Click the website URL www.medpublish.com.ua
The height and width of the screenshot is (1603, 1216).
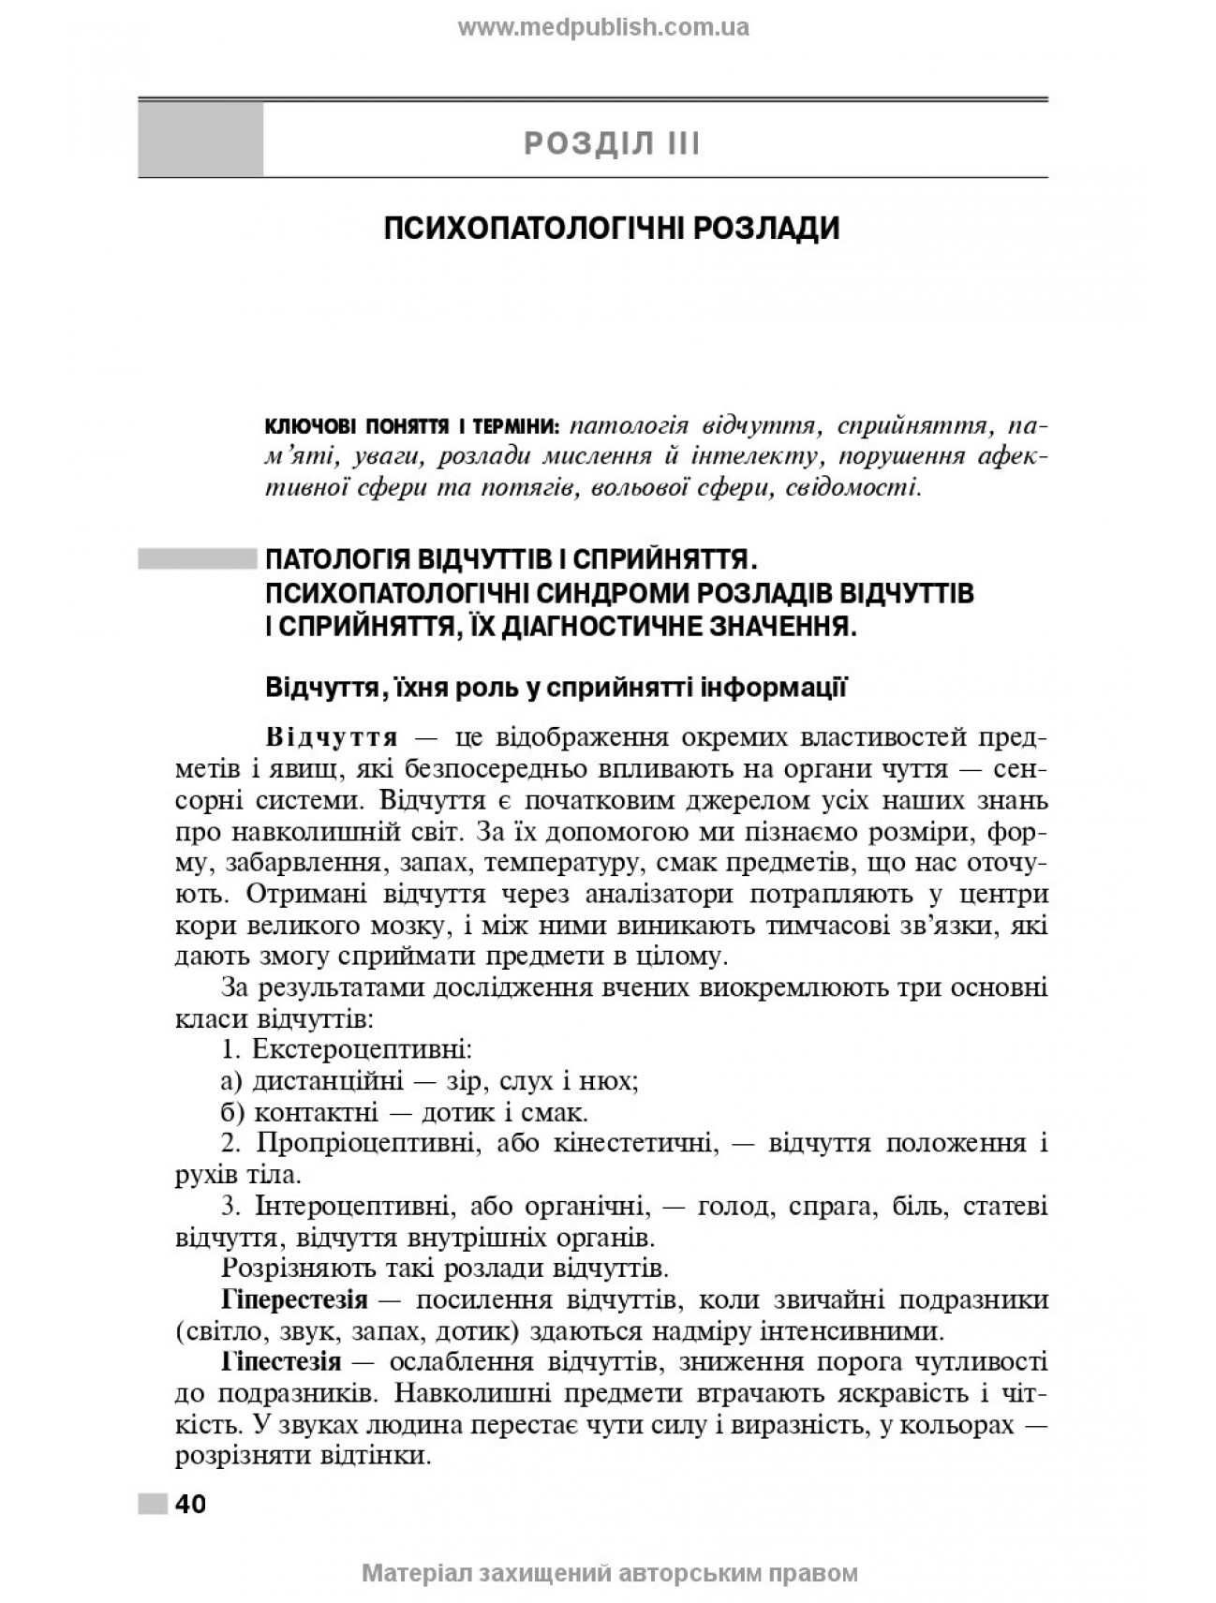click(602, 27)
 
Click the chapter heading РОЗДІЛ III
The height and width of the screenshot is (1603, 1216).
click(612, 144)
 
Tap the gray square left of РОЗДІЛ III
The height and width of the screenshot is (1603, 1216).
click(200, 140)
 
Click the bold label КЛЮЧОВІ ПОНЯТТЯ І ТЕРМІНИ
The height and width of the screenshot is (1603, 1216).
click(413, 427)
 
